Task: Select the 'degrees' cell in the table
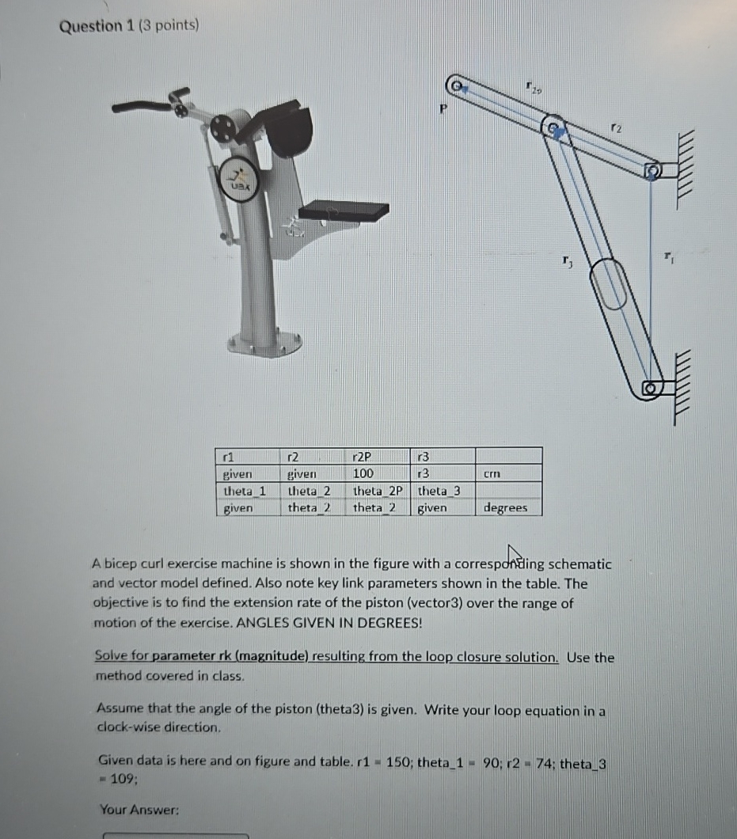click(x=506, y=507)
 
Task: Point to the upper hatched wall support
click(x=686, y=169)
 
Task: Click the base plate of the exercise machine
click(x=264, y=344)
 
